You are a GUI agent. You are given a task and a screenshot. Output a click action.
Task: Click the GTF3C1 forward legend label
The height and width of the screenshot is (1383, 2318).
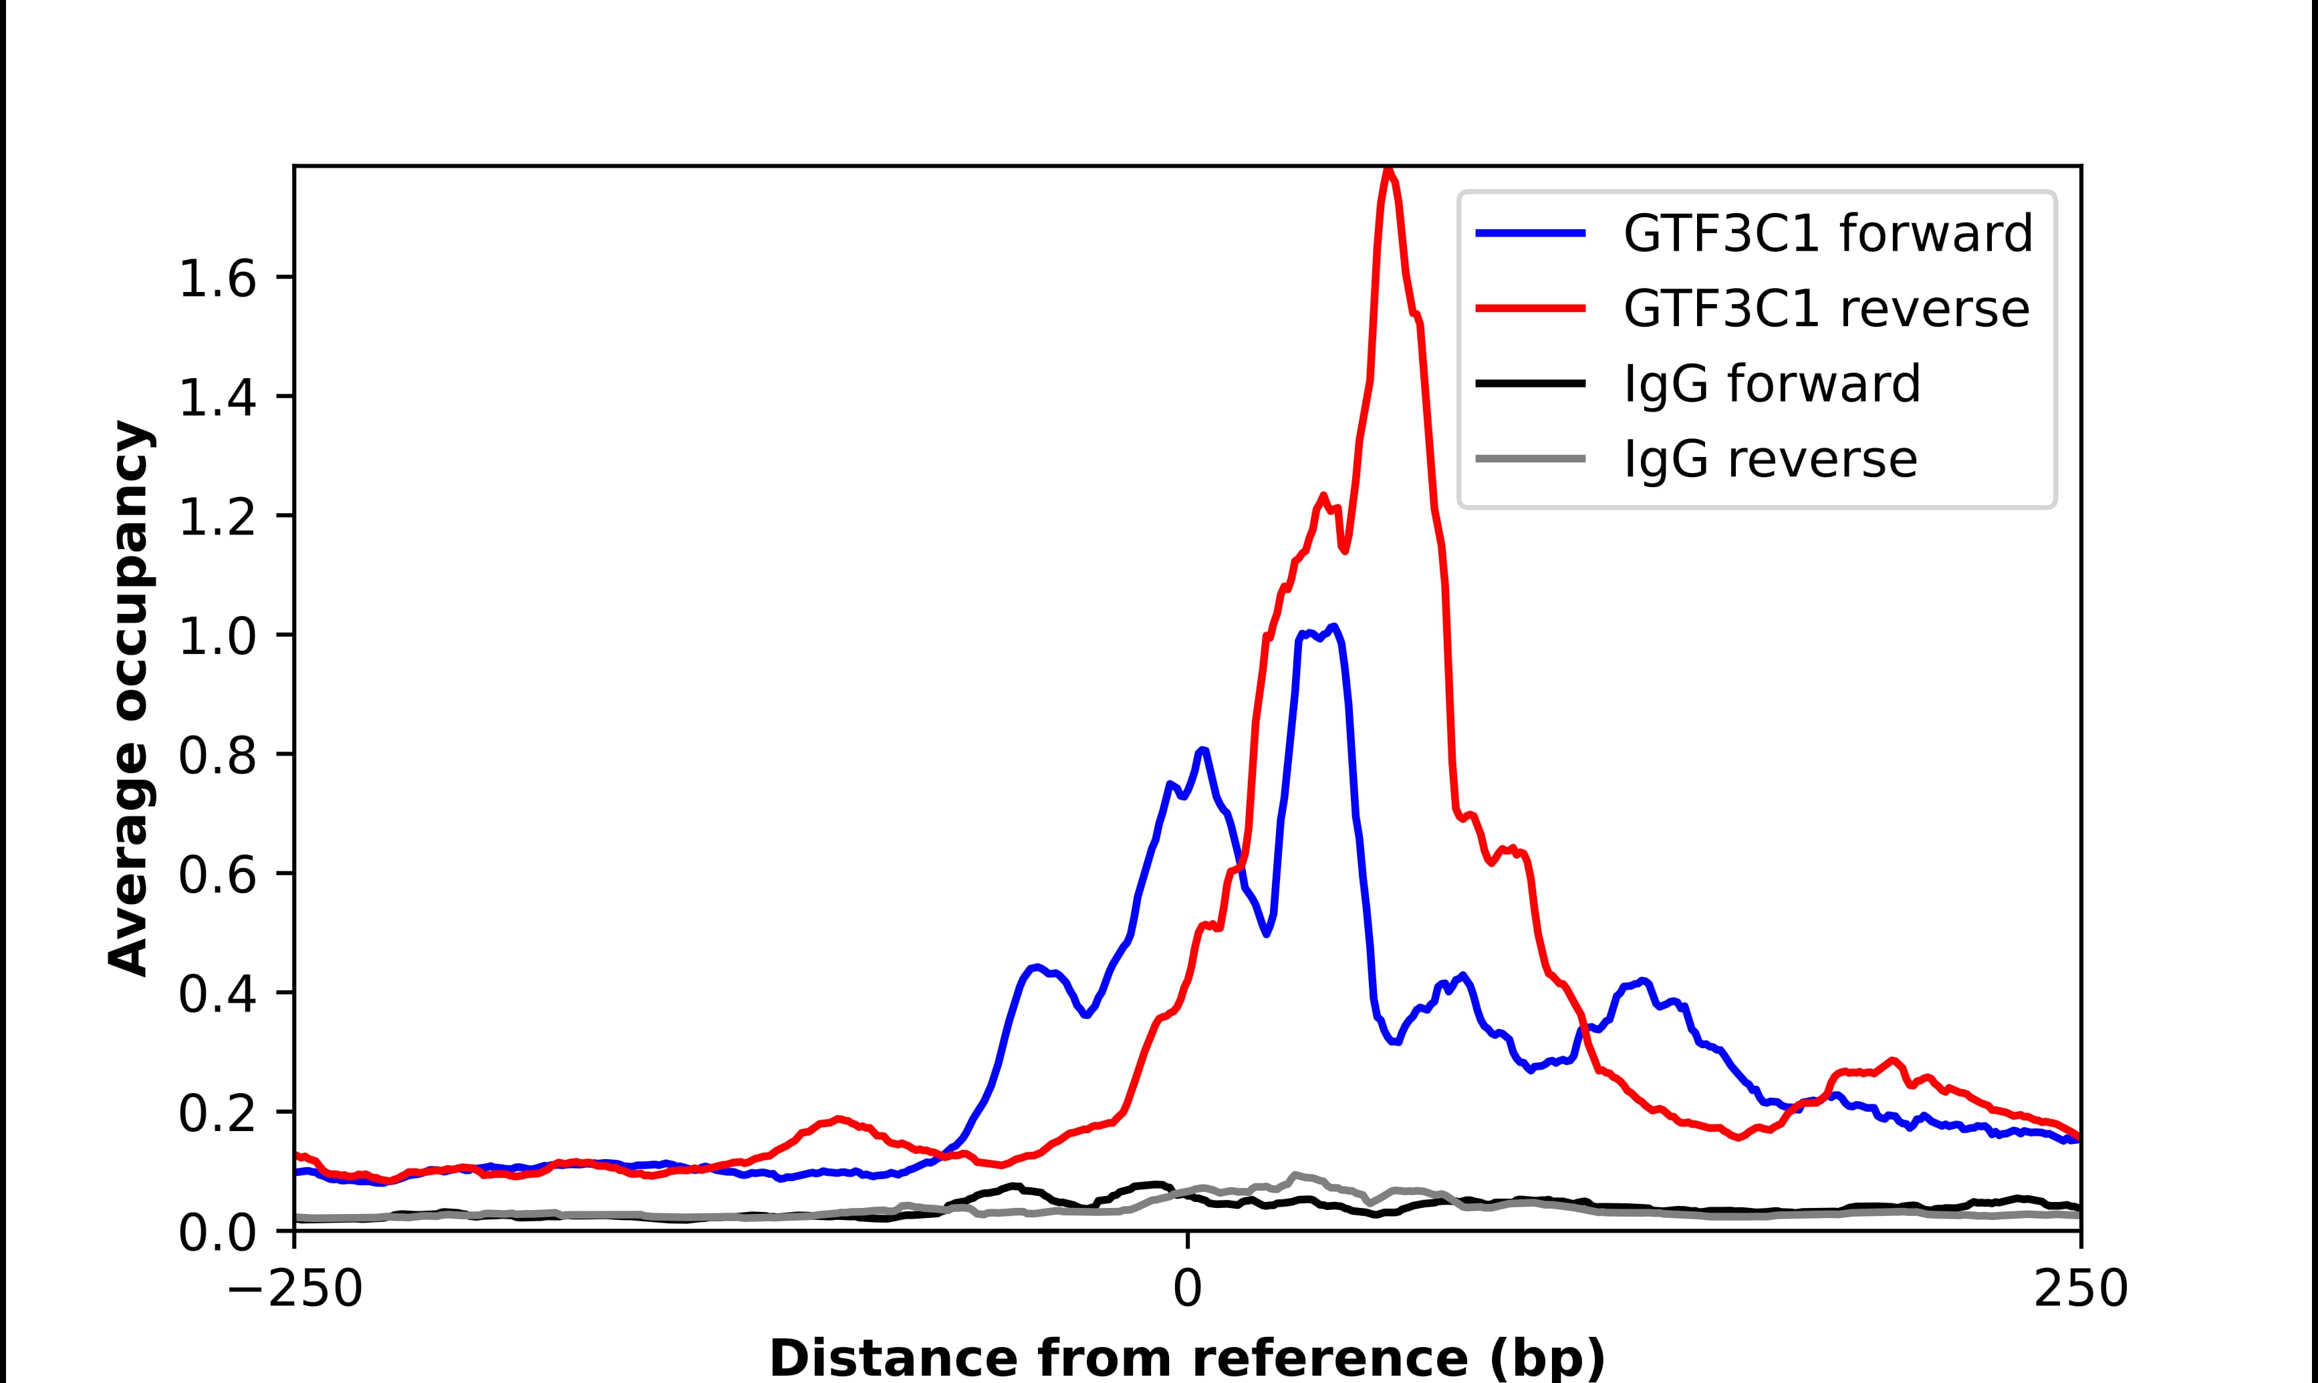click(x=1827, y=233)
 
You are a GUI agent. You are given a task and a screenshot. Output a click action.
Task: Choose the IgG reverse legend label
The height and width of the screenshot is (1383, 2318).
click(x=1770, y=460)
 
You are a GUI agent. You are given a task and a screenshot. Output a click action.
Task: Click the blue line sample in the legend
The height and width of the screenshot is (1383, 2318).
click(x=1531, y=233)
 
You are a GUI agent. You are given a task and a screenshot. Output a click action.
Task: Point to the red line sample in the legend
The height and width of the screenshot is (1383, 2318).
click(x=1531, y=309)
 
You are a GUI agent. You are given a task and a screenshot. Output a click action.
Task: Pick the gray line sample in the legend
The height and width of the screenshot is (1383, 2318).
click(x=1531, y=458)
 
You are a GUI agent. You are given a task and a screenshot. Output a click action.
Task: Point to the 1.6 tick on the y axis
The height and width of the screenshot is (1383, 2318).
click(x=217, y=279)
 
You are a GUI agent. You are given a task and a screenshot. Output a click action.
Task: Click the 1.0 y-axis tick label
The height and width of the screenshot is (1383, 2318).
click(x=217, y=637)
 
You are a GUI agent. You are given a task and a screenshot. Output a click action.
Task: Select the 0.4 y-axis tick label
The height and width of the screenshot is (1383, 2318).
click(x=217, y=994)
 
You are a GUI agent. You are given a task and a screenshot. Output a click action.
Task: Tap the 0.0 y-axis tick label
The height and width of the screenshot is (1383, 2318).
click(x=217, y=1233)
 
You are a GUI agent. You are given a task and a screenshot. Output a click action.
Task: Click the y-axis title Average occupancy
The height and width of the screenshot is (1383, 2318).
click(x=128, y=698)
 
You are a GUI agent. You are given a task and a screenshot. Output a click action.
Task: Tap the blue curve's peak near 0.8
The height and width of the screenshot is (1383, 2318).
click(x=1202, y=750)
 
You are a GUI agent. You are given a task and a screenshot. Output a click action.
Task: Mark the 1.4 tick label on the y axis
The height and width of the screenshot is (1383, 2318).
click(x=217, y=398)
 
